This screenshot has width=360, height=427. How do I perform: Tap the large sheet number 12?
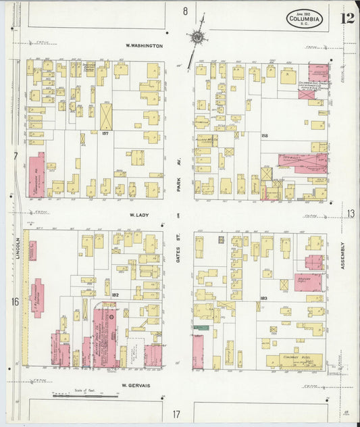347,18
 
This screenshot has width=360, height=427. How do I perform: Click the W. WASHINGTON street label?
144,46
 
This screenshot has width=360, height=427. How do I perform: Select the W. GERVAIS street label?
135,386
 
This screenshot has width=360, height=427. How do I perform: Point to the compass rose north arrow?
197,37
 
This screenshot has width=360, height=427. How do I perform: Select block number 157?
124,133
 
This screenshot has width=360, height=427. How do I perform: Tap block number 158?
264,136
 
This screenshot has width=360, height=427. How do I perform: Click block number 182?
115,295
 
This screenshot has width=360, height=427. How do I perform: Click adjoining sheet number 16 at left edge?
15,301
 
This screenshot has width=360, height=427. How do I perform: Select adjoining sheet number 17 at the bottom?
176,413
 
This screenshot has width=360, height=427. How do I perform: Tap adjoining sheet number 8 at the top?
184,11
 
